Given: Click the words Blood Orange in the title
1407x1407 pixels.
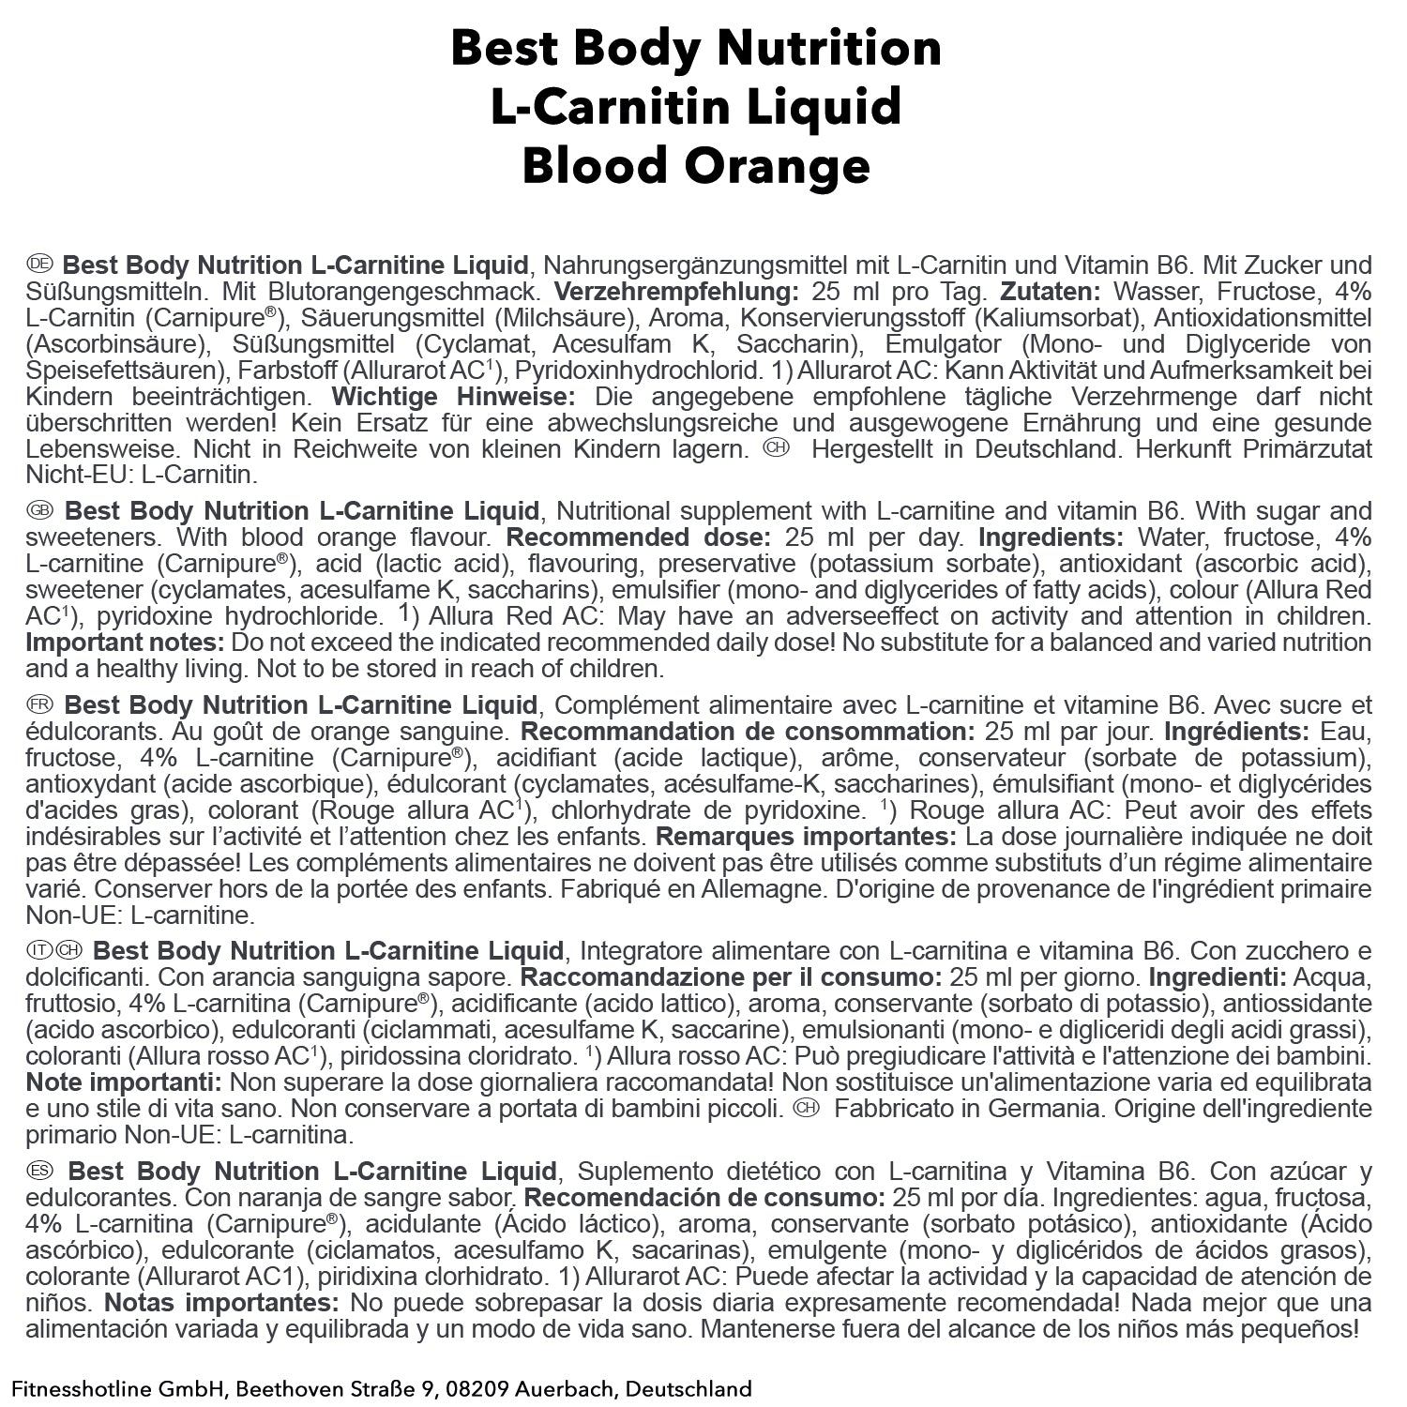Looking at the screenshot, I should coord(696,165).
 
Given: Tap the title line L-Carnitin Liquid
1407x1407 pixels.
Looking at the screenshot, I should coord(696,106).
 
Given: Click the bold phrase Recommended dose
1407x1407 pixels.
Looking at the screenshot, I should coord(638,537).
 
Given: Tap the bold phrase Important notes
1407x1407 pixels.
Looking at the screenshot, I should coord(125,643).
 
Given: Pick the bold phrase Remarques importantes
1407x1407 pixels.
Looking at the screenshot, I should coord(806,836).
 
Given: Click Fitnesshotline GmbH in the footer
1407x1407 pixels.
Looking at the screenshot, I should coord(117,1389).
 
